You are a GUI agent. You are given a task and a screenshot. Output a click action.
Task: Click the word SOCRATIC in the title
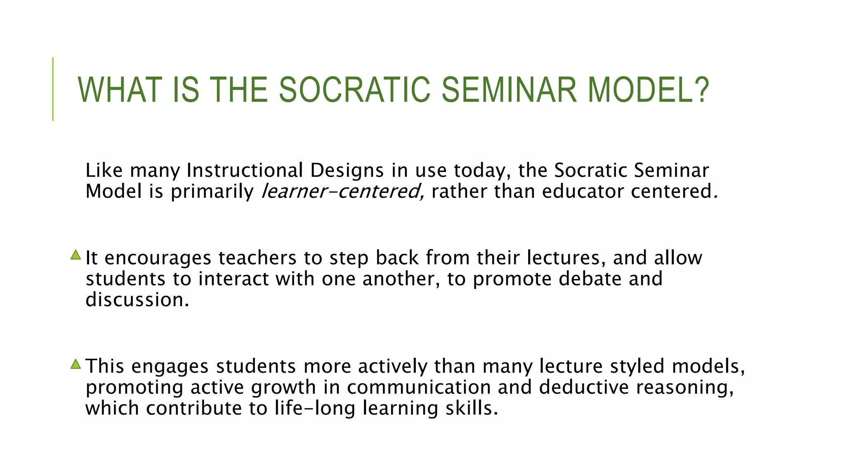click(x=355, y=90)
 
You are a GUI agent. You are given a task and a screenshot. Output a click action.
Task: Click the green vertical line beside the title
click(x=53, y=89)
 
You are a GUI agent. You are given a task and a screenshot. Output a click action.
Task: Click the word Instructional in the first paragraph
click(x=245, y=170)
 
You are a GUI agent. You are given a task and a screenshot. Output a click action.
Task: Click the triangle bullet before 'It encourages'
click(x=76, y=255)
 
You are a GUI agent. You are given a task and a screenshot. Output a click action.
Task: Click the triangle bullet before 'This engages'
click(x=76, y=364)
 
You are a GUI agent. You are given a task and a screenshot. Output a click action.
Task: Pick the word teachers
click(x=257, y=258)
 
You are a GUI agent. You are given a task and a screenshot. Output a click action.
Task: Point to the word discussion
click(x=136, y=300)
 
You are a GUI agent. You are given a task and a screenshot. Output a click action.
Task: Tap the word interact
click(x=234, y=279)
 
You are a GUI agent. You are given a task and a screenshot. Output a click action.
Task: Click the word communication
click(x=419, y=387)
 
